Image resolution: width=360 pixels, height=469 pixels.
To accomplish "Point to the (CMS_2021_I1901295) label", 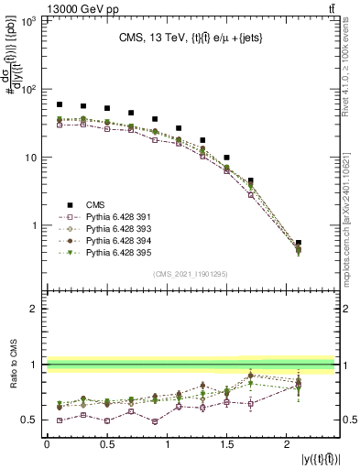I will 191,274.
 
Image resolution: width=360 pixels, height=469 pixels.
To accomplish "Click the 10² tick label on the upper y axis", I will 27,90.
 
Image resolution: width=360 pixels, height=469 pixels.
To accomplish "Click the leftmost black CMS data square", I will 60,104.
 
